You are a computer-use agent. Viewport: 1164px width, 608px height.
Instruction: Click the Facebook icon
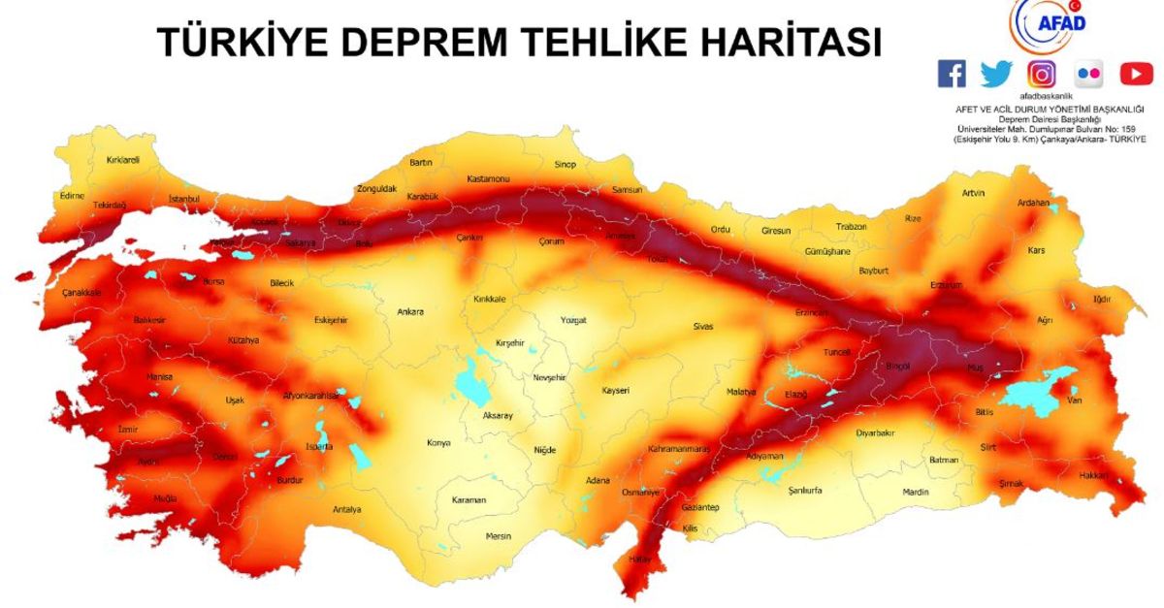click(952, 74)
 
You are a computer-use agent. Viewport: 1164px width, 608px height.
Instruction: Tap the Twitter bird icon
click(996, 74)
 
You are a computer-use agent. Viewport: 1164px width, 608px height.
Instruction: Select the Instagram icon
click(1043, 74)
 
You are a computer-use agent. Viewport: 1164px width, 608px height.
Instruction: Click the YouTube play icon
click(1136, 74)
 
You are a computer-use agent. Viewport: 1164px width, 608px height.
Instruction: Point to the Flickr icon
click(1089, 74)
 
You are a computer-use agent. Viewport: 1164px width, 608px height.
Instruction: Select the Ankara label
click(410, 312)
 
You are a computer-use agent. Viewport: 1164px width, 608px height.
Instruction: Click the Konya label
click(438, 443)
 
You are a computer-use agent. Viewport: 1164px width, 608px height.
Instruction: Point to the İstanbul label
click(184, 199)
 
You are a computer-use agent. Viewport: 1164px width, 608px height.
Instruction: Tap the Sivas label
click(703, 327)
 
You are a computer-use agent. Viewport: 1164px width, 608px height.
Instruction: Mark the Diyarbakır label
click(875, 433)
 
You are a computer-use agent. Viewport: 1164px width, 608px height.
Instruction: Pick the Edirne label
click(73, 195)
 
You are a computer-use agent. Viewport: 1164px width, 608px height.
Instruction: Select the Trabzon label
click(851, 227)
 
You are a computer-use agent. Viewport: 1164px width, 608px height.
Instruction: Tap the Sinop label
click(565, 165)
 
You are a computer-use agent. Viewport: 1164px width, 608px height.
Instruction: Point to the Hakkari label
click(1093, 475)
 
